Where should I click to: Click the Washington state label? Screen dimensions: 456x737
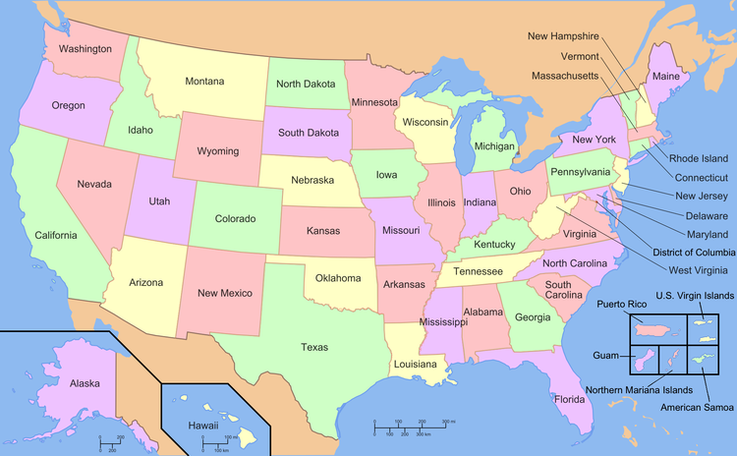pos(84,48)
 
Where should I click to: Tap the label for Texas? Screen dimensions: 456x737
pos(314,346)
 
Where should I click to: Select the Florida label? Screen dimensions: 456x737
pos(569,399)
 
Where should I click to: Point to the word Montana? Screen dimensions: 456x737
pos(204,81)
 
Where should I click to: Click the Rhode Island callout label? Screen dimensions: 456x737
pos(699,158)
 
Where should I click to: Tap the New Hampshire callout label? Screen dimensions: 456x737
pos(563,36)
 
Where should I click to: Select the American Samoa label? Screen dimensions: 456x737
pos(696,407)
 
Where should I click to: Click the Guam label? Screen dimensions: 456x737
pos(605,354)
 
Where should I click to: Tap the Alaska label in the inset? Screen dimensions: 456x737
pos(85,383)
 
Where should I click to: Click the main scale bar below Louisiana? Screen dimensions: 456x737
pos(414,424)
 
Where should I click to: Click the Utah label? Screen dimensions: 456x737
pos(159,200)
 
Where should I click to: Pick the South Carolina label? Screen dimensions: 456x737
pos(558,289)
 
